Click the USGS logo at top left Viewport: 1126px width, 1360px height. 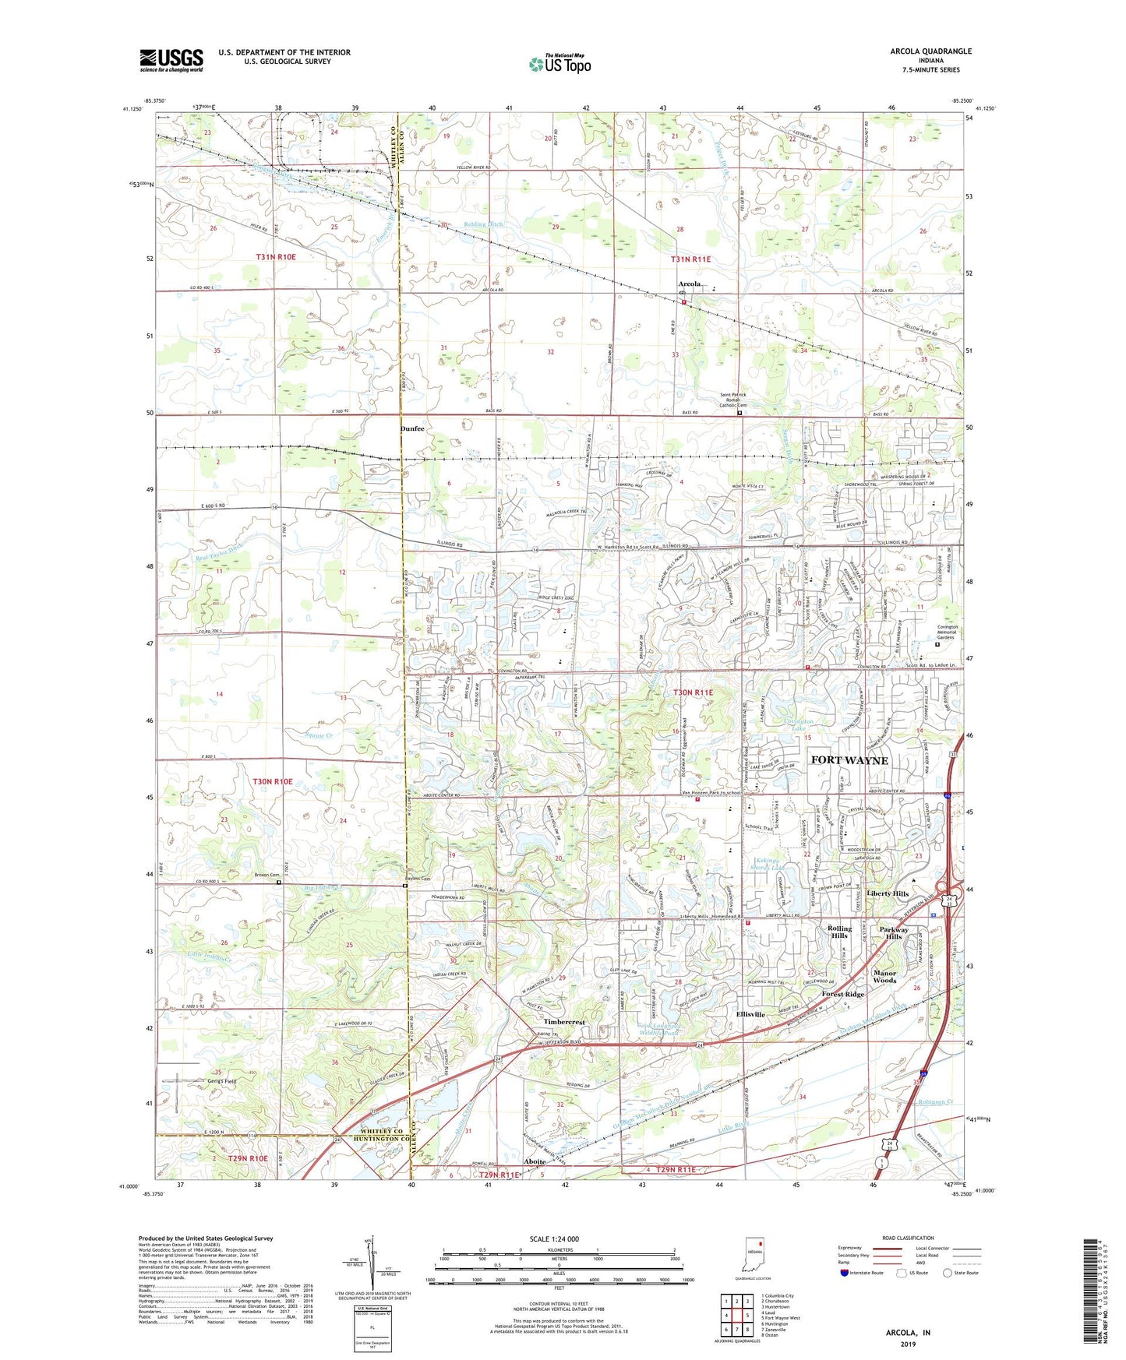point(171,60)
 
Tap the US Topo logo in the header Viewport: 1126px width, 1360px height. point(559,64)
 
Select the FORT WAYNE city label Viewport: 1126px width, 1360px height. point(849,760)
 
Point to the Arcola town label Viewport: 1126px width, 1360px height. point(690,284)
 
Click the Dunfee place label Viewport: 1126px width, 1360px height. point(412,429)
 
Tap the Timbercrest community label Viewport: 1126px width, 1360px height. point(565,1021)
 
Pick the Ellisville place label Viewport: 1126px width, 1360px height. point(750,1015)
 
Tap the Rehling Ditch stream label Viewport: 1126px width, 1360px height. point(484,224)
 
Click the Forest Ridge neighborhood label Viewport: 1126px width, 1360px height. point(842,995)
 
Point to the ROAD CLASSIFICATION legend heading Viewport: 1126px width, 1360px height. point(909,1238)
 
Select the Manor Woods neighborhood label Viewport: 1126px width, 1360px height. point(884,977)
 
